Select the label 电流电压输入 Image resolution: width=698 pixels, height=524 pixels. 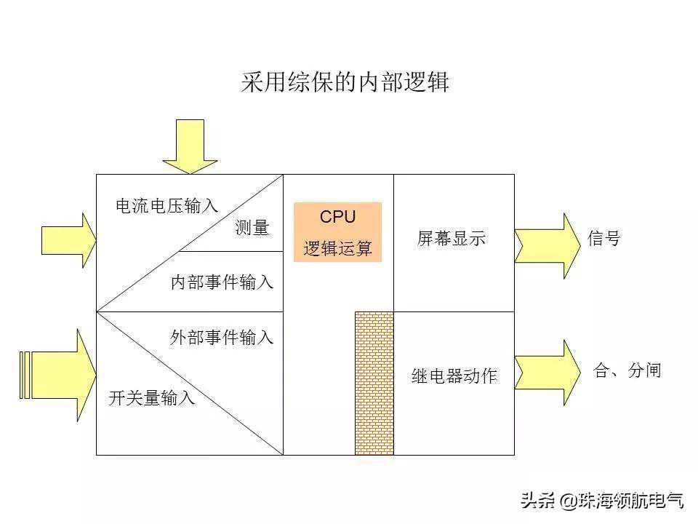click(167, 207)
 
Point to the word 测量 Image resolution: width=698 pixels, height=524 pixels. click(252, 229)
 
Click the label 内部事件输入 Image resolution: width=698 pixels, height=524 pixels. click(222, 282)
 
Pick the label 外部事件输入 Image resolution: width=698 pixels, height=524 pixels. click(222, 338)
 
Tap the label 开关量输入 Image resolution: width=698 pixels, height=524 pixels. click(152, 398)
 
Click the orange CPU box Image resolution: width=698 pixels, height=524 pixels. click(337, 232)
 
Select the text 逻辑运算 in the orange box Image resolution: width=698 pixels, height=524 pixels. click(337, 249)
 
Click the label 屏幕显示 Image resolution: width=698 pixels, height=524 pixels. click(452, 239)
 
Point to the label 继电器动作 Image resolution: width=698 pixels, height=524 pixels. click(454, 376)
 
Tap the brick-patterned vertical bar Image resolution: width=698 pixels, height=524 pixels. click(374, 384)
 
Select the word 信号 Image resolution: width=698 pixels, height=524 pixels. click(603, 239)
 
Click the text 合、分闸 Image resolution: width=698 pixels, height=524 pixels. click(627, 370)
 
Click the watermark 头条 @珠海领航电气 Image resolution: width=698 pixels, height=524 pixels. click(601, 500)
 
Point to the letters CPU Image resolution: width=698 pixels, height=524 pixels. click(337, 216)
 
